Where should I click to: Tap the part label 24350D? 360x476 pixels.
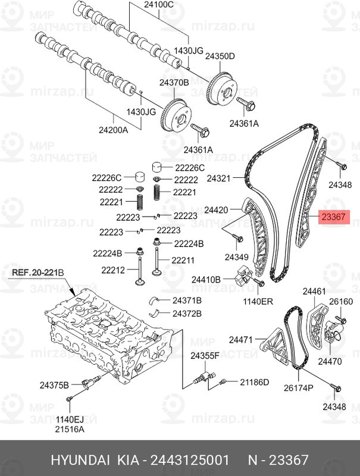(x=220, y=56)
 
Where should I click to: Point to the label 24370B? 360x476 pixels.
(x=173, y=83)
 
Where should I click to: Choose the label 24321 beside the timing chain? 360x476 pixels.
(x=218, y=178)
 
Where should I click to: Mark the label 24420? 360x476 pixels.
(x=216, y=210)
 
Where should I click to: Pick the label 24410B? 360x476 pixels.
(x=205, y=279)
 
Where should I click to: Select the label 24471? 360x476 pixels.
(x=242, y=340)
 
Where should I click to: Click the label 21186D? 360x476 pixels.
(x=254, y=381)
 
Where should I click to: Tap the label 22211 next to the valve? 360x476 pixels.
(x=183, y=259)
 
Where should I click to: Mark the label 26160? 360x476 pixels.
(x=342, y=302)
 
